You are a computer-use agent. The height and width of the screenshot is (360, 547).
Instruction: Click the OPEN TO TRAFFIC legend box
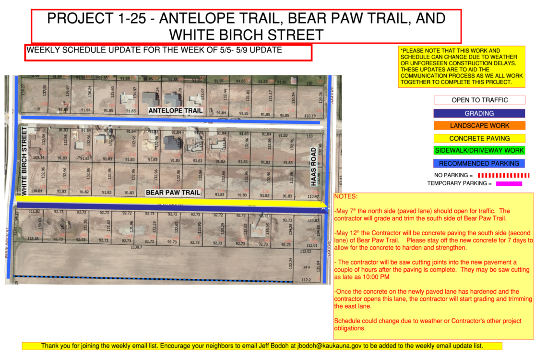(479, 100)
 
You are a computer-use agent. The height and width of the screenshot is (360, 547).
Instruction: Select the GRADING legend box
(479, 113)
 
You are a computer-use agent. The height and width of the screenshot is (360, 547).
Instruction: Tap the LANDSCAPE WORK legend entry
(479, 126)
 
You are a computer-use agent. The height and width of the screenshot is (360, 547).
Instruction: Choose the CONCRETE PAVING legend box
(479, 138)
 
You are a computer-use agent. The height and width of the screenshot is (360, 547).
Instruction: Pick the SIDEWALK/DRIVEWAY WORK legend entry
(479, 151)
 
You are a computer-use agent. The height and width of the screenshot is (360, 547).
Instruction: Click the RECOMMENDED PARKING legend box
(479, 163)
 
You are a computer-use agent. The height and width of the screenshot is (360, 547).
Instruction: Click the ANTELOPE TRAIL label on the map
(175, 111)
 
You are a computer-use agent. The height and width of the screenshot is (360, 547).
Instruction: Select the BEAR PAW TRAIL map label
(173, 193)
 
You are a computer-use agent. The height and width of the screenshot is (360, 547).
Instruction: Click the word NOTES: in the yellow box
(346, 197)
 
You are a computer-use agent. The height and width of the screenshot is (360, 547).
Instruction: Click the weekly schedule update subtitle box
(168, 52)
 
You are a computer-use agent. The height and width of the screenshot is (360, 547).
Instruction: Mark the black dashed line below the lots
(154, 278)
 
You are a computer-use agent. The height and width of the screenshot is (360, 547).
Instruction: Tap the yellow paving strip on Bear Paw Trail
(173, 200)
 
